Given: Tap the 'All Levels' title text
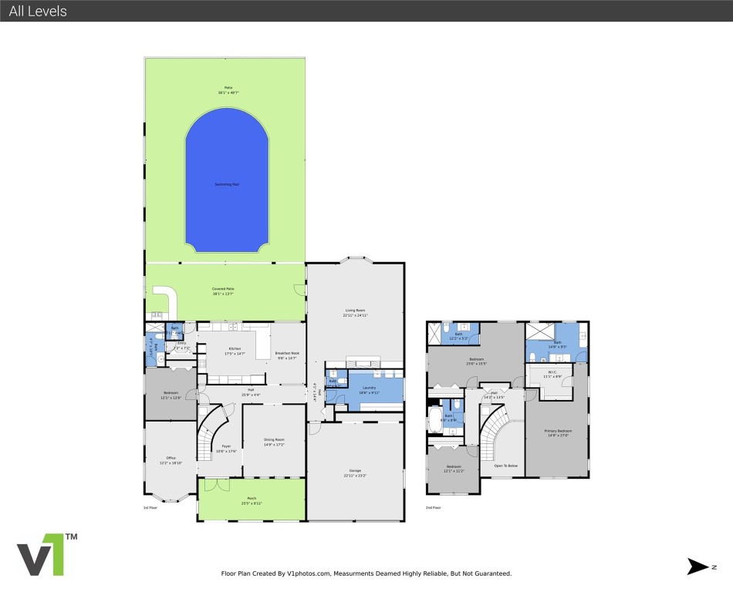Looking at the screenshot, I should (x=38, y=11).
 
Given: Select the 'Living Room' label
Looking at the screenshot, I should (x=355, y=311).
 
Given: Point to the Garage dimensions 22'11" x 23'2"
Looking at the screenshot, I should (x=355, y=476).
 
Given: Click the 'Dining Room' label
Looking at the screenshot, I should (x=274, y=439).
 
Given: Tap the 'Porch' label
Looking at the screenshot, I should (x=251, y=499).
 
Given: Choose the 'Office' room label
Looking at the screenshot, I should (x=171, y=459).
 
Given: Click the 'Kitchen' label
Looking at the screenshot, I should (x=234, y=348).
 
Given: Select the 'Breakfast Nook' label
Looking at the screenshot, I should (x=287, y=353).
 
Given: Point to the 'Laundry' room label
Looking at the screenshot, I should (x=369, y=388).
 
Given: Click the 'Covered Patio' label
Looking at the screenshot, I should (x=224, y=289).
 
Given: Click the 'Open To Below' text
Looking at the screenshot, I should (x=505, y=466).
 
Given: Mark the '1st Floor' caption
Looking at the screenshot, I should (x=150, y=508).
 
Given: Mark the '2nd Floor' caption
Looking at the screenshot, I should (x=434, y=508).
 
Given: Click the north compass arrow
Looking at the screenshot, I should (x=698, y=567).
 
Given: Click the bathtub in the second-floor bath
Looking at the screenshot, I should (x=435, y=421).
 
